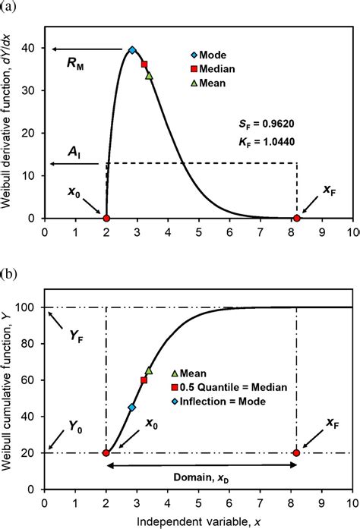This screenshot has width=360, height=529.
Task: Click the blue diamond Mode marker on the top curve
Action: (x=132, y=49)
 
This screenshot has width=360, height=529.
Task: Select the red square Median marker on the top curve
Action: (x=144, y=64)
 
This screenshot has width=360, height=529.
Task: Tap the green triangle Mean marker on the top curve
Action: (x=149, y=75)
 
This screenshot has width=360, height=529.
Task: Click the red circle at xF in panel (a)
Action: (x=297, y=219)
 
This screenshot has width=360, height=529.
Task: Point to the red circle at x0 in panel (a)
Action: (x=106, y=219)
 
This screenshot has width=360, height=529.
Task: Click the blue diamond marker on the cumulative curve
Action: (x=131, y=408)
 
